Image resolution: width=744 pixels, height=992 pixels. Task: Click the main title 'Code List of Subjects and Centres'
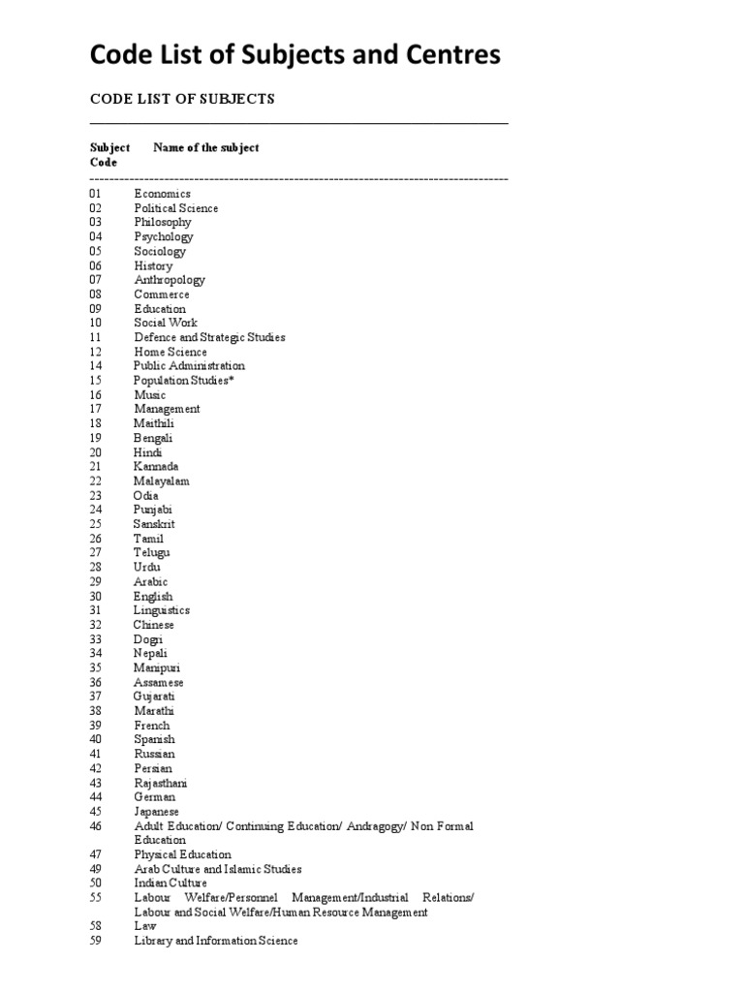point(295,56)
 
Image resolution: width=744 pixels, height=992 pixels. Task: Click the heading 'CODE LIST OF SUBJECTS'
point(183,99)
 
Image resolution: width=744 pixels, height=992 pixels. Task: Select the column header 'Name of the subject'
point(206,148)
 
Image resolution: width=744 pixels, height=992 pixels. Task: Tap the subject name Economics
point(163,194)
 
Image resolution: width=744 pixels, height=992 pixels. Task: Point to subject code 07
point(95,280)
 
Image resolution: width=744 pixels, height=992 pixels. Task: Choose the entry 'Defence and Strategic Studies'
point(209,337)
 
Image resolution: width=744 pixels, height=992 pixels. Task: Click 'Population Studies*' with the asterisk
point(184,381)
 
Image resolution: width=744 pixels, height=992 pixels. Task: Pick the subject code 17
point(95,409)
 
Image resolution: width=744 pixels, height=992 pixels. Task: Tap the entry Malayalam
point(162,480)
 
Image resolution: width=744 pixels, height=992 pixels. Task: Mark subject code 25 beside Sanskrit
point(95,524)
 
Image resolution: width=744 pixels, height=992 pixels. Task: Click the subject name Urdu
point(147,567)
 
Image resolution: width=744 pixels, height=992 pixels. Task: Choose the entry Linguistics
point(162,610)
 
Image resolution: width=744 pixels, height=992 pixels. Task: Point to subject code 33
point(95,639)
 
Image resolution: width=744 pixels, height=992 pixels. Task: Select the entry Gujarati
point(155,697)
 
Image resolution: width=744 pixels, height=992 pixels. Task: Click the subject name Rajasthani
point(161,783)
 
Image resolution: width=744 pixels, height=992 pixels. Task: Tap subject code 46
point(95,825)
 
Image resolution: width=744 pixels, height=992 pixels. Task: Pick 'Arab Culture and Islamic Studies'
point(218,869)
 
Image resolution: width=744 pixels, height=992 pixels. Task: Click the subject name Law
point(144,927)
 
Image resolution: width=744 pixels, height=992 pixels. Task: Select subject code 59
point(95,941)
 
